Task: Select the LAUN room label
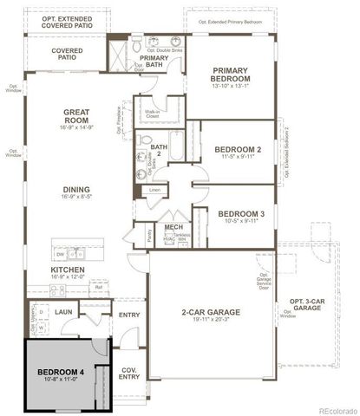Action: pos(62,309)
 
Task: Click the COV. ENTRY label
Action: pos(128,374)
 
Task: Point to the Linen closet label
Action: pos(155,189)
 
